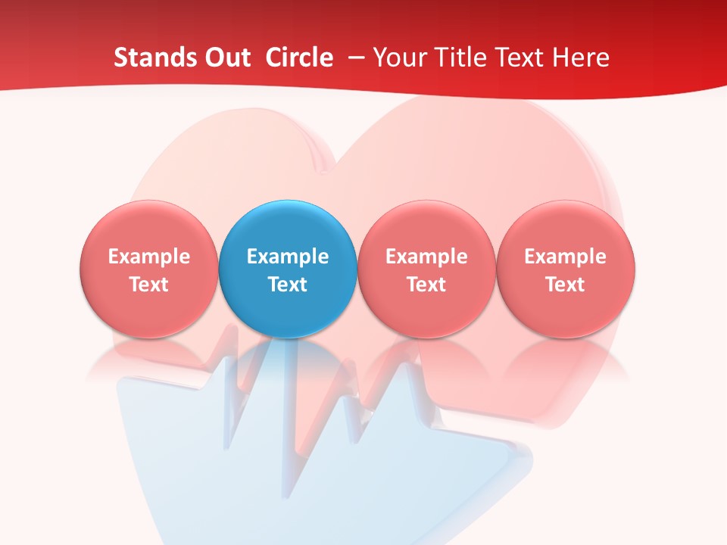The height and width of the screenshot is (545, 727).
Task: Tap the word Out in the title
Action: click(226, 58)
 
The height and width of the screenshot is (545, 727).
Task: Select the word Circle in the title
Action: click(299, 58)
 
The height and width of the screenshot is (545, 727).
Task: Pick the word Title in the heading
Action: click(464, 58)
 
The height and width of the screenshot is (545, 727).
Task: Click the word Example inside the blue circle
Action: click(288, 257)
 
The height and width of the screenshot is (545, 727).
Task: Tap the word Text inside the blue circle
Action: click(288, 285)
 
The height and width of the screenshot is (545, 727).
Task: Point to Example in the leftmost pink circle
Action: click(148, 257)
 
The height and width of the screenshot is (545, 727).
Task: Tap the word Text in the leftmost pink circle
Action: click(148, 285)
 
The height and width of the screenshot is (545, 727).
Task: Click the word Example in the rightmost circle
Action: click(566, 257)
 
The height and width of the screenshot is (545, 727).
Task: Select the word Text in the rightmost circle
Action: click(566, 285)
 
